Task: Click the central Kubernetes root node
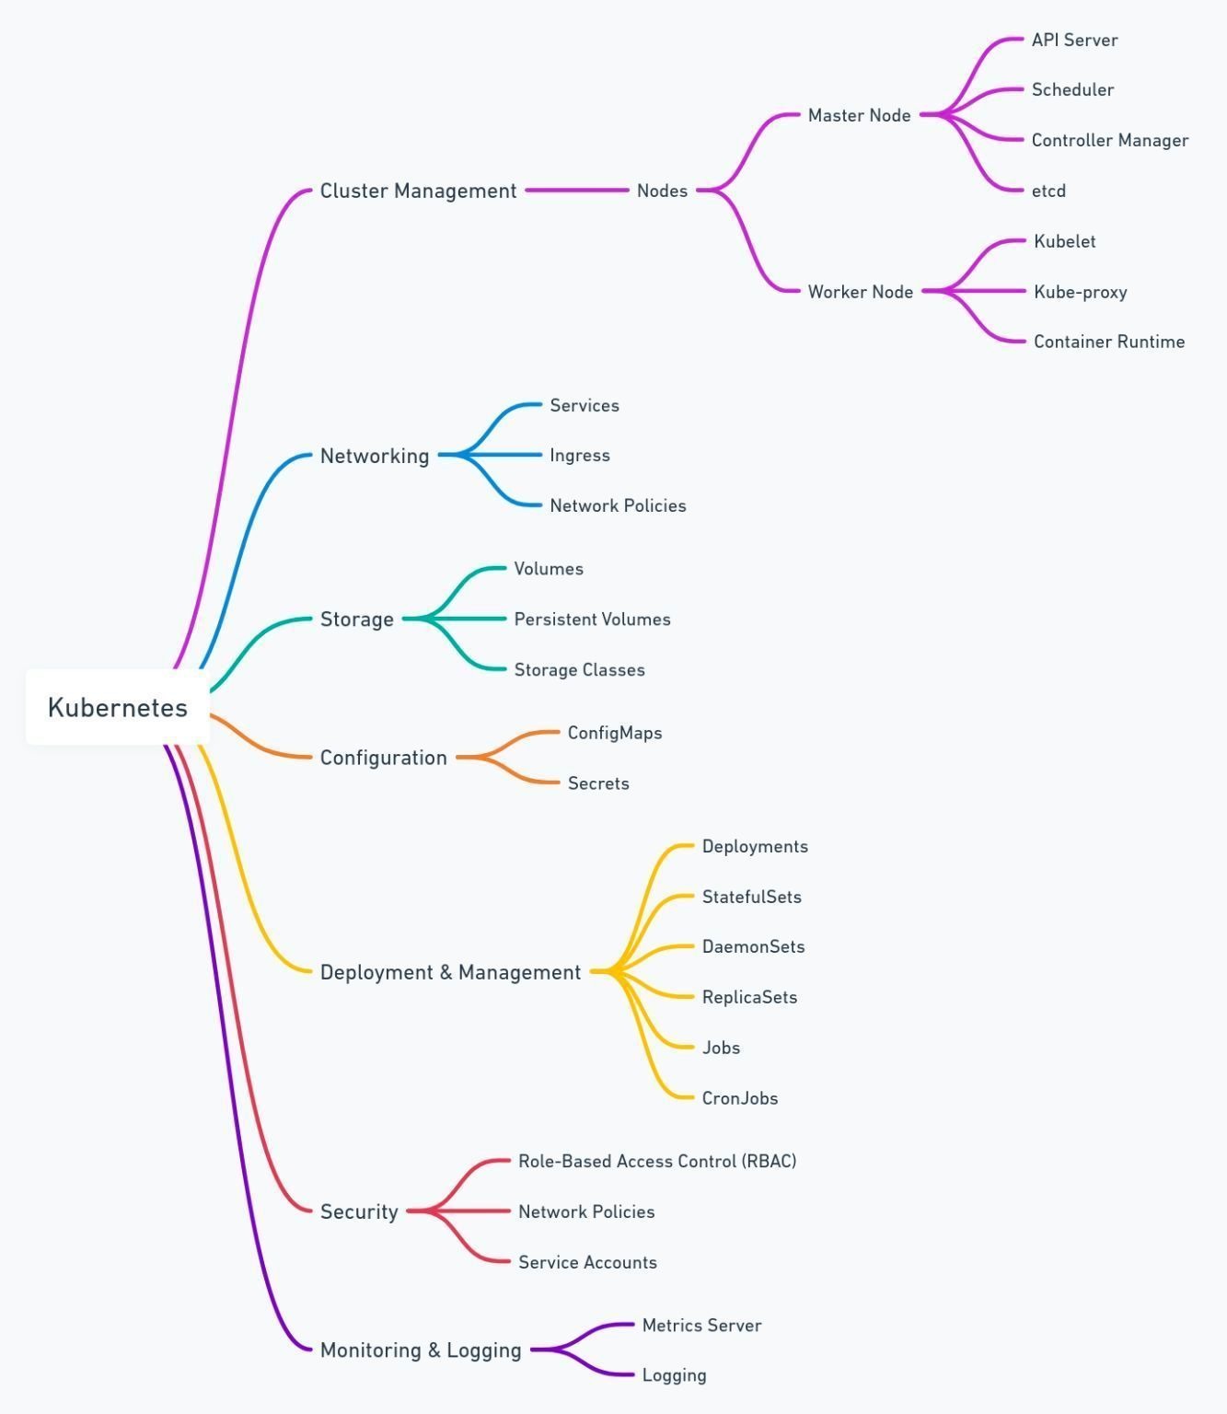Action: click(118, 707)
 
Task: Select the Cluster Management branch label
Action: click(418, 191)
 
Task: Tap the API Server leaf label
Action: click(1074, 41)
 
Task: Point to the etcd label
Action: click(1048, 191)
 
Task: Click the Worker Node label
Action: click(860, 292)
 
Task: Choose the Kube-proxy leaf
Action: click(1080, 293)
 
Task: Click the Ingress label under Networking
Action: click(580, 456)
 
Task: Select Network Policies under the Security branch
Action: click(585, 1211)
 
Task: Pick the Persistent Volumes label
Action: click(592, 620)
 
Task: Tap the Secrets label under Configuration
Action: click(598, 783)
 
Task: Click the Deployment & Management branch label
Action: click(450, 972)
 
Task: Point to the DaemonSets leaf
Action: click(753, 947)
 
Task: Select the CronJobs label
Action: click(739, 1098)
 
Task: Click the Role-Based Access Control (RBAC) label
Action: click(657, 1161)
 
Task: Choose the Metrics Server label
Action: click(701, 1325)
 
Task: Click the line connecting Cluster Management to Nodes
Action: click(577, 190)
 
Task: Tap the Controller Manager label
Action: click(1109, 140)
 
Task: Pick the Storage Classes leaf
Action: click(579, 669)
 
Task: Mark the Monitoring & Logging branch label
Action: click(421, 1350)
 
